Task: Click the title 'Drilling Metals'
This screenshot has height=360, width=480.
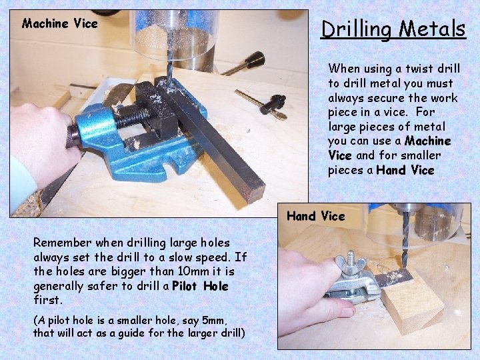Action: pos(393,29)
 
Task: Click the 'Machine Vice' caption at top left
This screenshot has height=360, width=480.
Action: pos(59,23)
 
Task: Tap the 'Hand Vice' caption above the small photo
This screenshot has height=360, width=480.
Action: pos(315,216)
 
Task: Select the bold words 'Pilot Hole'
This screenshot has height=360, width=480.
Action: pos(200,286)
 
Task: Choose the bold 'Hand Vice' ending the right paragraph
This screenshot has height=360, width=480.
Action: pos(405,170)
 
